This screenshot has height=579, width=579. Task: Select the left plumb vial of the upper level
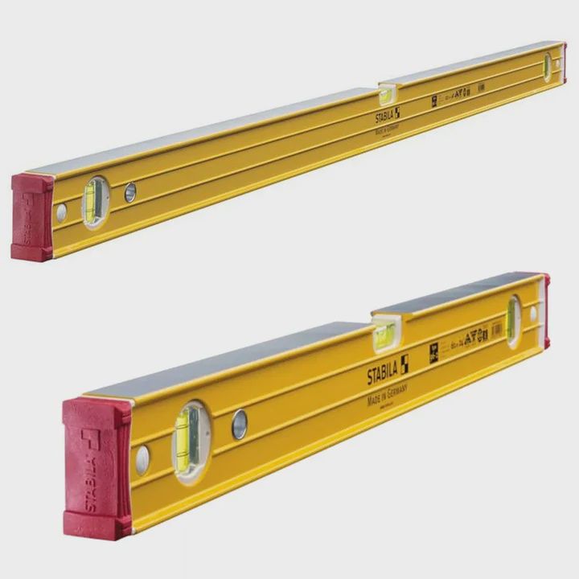pos(95,201)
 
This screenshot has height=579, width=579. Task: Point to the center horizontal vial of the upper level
pos(386,95)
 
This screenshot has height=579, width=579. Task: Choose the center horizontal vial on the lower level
pos(384,335)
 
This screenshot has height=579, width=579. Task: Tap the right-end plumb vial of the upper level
pos(547,66)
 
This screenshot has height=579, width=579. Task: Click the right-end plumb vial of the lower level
pos(513,321)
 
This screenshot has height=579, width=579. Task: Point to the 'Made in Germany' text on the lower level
pos(388,392)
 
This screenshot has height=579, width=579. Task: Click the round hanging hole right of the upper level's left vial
pos(130,191)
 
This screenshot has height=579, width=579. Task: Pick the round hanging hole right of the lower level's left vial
pos(239,424)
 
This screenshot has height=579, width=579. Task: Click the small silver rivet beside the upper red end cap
pos(61,212)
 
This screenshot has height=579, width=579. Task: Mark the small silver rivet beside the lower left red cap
pos(142,459)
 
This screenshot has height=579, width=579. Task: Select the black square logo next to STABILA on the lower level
pos(404,364)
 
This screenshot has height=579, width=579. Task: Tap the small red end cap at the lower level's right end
pos(546,310)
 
